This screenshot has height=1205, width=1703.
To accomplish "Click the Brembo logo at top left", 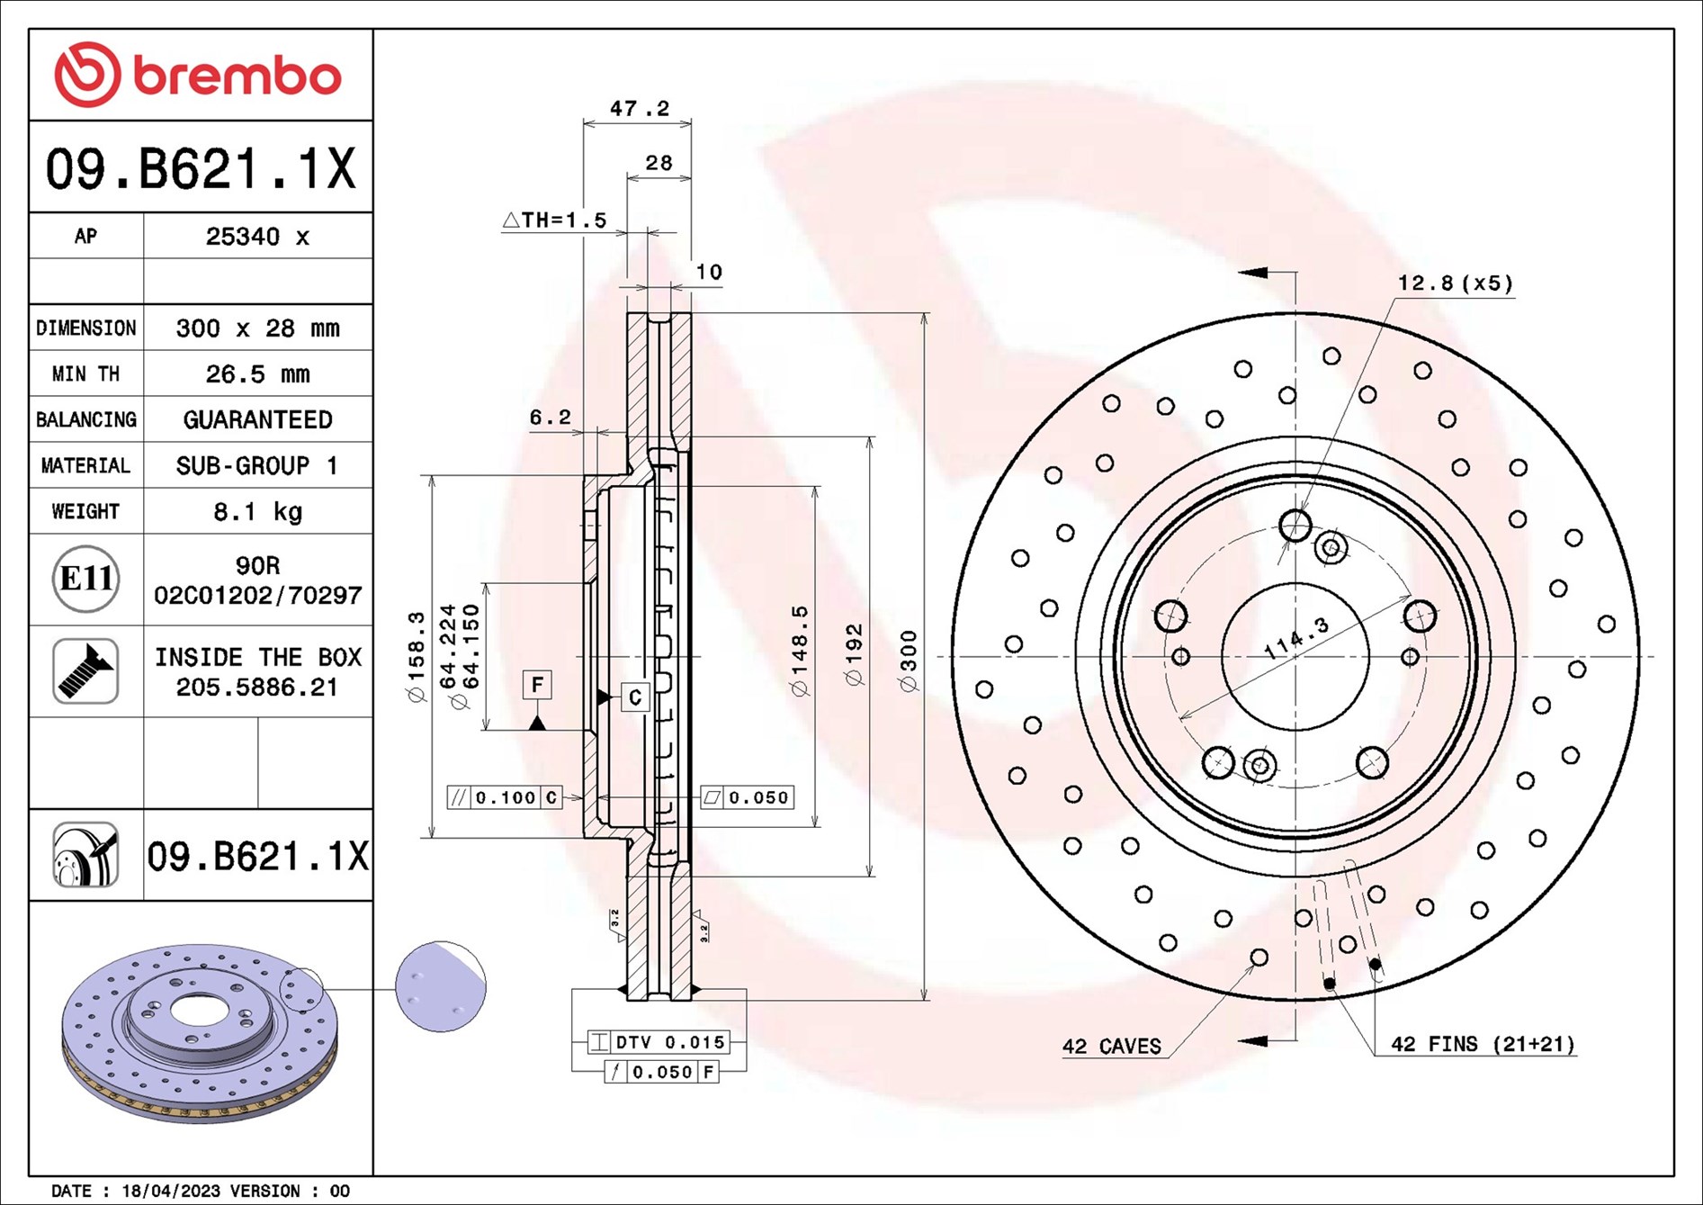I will (198, 75).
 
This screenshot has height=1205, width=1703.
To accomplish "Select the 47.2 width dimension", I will (640, 109).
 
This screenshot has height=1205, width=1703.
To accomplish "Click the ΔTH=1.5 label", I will (555, 220).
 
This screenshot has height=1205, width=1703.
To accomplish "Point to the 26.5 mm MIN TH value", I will (257, 374).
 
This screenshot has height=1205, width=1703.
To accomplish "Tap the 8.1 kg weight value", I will (257, 512).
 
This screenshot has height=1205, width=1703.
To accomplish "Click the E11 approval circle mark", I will (85, 579).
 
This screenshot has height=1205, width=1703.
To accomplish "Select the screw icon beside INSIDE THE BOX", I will (85, 671).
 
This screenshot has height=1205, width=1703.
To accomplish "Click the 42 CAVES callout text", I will (1111, 1047).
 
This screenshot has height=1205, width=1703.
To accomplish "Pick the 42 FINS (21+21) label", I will (1483, 1044).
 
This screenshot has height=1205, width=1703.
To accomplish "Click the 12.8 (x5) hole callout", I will (1455, 283).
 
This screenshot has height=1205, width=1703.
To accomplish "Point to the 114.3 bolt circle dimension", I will (1296, 638).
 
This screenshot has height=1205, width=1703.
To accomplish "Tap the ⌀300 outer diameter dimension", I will (909, 661).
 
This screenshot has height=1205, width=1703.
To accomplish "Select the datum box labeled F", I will (537, 685).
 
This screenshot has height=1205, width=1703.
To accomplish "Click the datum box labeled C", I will (635, 697).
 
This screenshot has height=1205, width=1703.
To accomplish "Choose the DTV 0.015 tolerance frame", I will (659, 1042).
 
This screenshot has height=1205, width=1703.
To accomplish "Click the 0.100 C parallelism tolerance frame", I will (505, 797).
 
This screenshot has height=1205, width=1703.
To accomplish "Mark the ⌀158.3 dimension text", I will (416, 657).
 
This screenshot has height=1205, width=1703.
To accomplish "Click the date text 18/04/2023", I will (171, 1191).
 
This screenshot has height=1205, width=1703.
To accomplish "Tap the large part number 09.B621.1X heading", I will (201, 168).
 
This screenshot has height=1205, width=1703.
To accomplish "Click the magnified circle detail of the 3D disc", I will (441, 987).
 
